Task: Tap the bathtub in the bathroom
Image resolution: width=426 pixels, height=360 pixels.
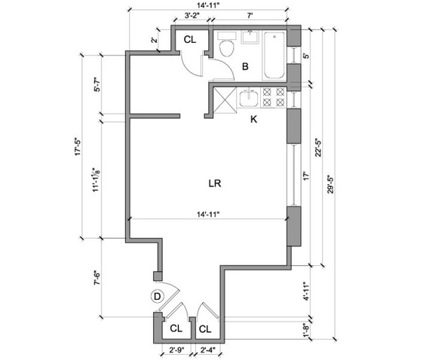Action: tap(274, 55)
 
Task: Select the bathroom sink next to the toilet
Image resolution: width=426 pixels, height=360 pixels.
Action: tap(250, 37)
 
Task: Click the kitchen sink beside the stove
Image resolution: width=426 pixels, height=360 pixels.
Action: tap(249, 98)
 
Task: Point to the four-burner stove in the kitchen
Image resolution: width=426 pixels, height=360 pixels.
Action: tap(274, 97)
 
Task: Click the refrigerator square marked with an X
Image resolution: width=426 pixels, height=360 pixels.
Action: tap(225, 99)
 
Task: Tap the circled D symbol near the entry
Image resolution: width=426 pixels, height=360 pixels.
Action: tap(157, 297)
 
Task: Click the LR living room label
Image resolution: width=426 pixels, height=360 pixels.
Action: tap(215, 184)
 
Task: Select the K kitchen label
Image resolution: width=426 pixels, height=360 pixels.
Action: tap(253, 119)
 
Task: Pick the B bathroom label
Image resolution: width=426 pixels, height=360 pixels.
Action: tap(245, 66)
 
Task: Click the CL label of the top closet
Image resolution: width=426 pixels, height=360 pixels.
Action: tap(190, 40)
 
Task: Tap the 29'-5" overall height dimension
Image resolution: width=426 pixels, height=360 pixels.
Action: tap(330, 184)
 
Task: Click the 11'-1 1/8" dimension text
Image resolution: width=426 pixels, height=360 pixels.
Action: tap(97, 179)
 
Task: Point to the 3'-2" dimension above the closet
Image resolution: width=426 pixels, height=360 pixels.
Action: tap(192, 16)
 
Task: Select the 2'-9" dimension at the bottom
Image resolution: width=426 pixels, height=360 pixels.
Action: tap(177, 350)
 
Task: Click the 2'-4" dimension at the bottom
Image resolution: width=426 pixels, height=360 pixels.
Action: tap(207, 350)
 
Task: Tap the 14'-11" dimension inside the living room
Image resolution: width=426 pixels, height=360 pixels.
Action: tap(208, 215)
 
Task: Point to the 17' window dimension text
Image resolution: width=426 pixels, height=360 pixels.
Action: tap(306, 175)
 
